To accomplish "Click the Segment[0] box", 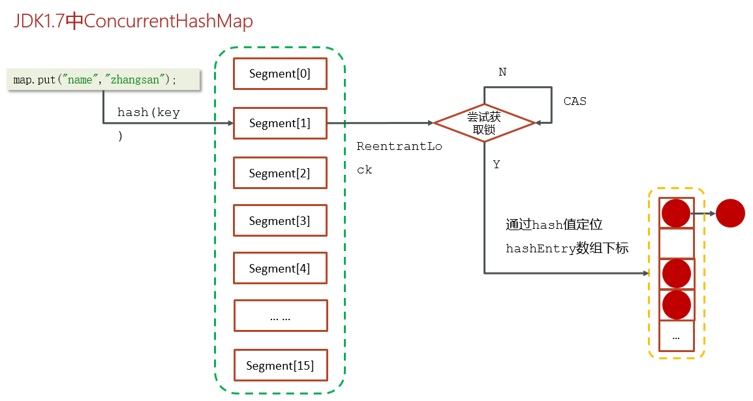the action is coord(280,74).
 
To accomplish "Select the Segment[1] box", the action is coord(280,123).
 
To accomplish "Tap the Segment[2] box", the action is coord(280,173).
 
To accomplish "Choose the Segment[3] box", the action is coord(280,220).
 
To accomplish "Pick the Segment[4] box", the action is coord(280,268).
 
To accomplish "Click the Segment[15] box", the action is coord(281,366).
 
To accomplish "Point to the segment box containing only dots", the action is coord(281,316).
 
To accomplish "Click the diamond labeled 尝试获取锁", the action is coord(484,123).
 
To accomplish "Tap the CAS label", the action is coord(575,101).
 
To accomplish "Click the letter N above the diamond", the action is coord(502,72).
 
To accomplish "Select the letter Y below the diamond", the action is coord(497,164).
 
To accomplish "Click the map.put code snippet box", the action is coord(103,79).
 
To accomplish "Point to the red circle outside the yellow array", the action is coord(730,213).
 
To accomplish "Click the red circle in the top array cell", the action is coord(676,213).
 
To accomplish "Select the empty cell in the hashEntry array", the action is coord(676,243).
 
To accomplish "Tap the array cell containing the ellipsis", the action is coord(676,336).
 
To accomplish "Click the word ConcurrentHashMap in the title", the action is coord(168,21).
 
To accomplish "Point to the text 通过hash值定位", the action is coord(554,224).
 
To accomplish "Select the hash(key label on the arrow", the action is coord(148,112).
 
